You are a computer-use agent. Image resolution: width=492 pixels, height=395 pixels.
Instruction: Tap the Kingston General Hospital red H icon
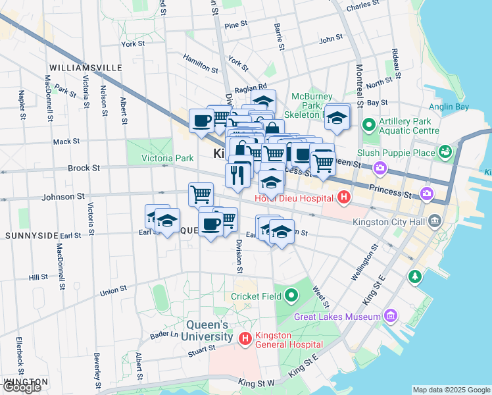point(245,339)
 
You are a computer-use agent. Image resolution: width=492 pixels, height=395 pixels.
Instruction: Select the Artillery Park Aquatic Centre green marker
point(368,124)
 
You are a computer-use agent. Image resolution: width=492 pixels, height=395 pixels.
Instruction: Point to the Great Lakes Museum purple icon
point(392,317)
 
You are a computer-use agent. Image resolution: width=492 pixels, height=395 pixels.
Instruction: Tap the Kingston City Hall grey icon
point(434,221)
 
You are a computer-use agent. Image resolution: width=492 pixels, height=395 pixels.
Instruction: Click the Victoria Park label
point(168,158)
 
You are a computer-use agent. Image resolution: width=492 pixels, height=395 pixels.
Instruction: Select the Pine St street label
point(235,24)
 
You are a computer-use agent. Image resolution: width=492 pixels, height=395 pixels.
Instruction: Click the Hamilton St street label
point(200,65)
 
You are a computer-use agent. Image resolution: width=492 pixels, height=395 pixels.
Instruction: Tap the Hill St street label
point(39,278)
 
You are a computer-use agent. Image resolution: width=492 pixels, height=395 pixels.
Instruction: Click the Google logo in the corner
point(22,387)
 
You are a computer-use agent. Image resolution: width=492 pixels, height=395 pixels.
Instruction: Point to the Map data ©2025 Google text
point(451,390)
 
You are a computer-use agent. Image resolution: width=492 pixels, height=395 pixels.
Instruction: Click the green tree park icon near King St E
point(414,275)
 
